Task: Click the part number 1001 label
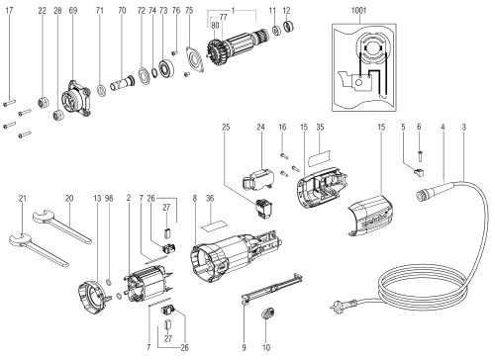[x=358, y=10]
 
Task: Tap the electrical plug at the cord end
[x=340, y=305]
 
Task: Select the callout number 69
[x=73, y=10]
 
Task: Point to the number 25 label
[x=226, y=127]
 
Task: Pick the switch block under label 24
[x=258, y=179]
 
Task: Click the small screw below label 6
[x=420, y=156]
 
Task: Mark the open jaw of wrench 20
[x=43, y=217]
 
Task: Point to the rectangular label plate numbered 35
[x=319, y=157]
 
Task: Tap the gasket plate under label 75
[x=195, y=59]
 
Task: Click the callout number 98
[x=109, y=199]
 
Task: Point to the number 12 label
[x=286, y=10]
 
